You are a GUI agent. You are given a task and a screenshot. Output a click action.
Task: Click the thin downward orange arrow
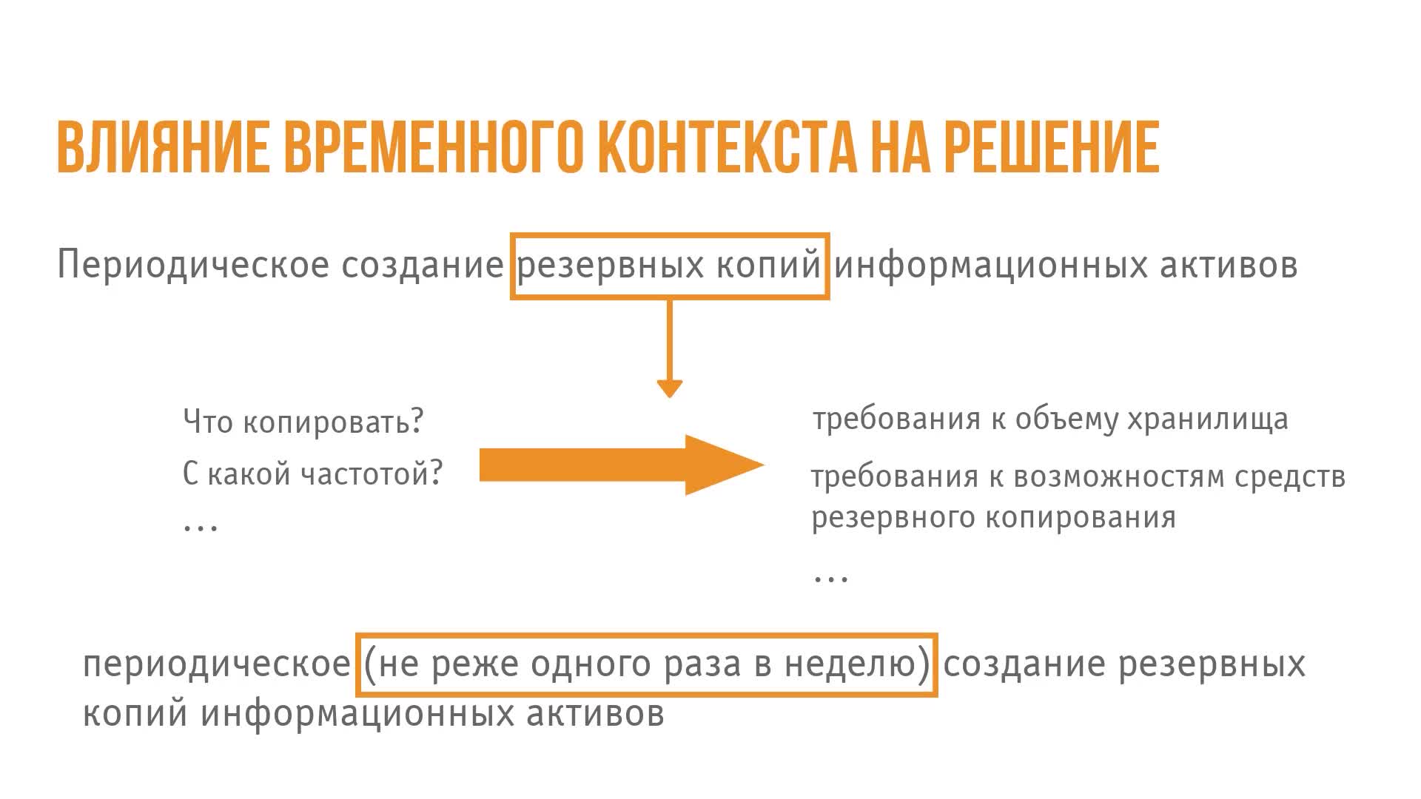click(x=669, y=348)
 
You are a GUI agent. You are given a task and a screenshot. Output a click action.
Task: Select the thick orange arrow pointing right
click(x=622, y=465)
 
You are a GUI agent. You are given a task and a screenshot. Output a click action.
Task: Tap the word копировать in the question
click(x=333, y=422)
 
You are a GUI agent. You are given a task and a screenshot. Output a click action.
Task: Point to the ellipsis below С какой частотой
click(x=201, y=527)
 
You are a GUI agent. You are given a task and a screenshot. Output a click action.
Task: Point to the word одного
click(x=591, y=664)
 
